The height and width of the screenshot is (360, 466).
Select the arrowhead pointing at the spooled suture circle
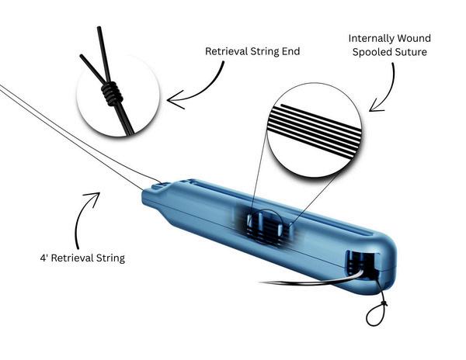373,106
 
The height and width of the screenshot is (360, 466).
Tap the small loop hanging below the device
374,317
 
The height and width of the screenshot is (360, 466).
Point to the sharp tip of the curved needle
262,282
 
